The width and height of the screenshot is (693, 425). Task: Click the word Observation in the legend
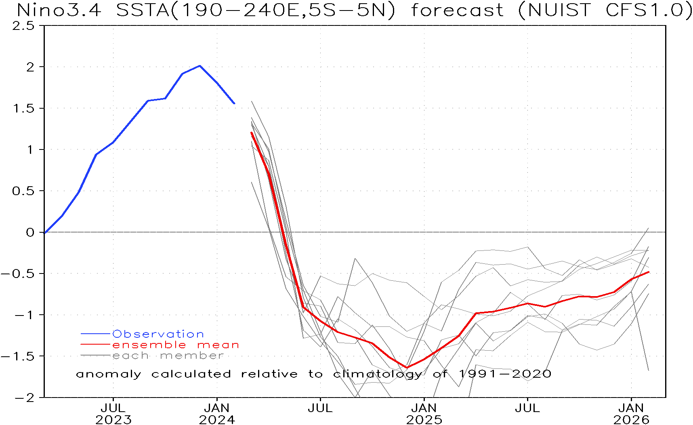pos(158,334)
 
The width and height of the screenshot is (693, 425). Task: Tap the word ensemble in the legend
pos(149,345)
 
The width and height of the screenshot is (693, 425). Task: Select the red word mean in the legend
pos(218,345)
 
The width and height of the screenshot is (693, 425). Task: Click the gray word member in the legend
pos(191,356)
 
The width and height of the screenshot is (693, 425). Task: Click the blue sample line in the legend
pos(95,334)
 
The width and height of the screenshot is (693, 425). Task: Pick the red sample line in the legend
pos(95,345)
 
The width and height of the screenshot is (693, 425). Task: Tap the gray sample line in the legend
pos(95,356)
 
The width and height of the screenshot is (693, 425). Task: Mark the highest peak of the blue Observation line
pos(200,66)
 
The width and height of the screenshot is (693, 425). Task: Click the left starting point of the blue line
pos(45,233)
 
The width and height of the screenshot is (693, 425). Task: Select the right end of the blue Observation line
pos(234,103)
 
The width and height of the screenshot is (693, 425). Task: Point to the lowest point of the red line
pos(407,367)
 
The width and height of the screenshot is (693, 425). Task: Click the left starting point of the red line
pos(252,133)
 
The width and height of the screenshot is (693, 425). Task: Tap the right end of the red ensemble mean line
pos(649,272)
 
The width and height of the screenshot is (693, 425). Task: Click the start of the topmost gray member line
pos(252,101)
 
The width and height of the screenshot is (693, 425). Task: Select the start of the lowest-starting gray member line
pos(252,182)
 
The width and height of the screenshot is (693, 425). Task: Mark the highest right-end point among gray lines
pos(649,228)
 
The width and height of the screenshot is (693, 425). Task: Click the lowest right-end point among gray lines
pos(649,370)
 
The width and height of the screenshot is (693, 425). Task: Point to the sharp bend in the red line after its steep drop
pos(303,307)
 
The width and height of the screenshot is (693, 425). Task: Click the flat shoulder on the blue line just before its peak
pos(157,99)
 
